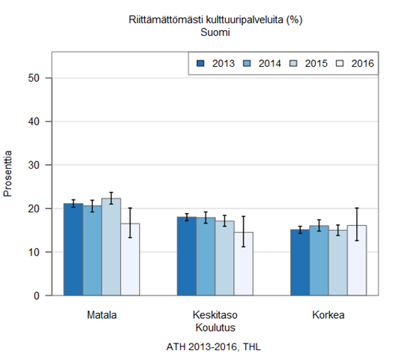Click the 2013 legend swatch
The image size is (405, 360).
[x=200, y=64]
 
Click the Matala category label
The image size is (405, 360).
[x=102, y=314]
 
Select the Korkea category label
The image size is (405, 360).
[x=328, y=314]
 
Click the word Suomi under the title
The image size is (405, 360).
[x=214, y=32]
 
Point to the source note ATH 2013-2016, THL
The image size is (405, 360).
[x=214, y=347]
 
